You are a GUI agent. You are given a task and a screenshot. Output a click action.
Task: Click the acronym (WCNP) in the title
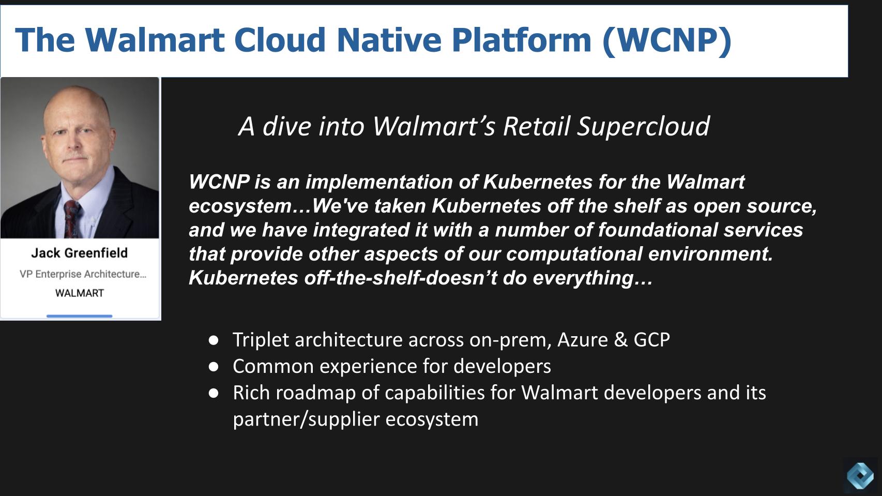667,40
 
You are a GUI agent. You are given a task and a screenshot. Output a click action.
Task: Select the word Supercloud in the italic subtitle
643,126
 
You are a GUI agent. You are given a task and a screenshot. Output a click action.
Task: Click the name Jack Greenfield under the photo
79,253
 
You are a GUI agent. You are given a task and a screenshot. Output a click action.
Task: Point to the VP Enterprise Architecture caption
83,274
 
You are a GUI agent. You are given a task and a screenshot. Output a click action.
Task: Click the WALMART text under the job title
80,293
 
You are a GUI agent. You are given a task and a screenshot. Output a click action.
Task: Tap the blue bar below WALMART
79,315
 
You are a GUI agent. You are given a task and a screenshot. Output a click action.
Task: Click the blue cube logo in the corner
861,475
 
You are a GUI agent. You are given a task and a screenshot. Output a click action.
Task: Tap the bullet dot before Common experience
214,367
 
